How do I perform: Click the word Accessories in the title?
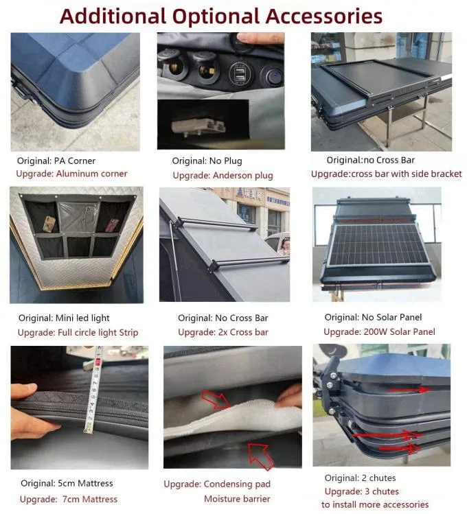click(323, 16)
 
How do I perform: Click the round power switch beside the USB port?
click(271, 77)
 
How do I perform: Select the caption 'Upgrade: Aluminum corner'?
click(71, 174)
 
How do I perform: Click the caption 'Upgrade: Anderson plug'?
click(223, 176)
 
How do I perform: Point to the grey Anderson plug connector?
click(198, 127)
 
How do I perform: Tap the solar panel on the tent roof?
click(378, 244)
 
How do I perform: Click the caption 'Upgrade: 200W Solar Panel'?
click(379, 331)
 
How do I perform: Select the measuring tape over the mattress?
click(93, 390)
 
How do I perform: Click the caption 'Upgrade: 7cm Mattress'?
click(69, 499)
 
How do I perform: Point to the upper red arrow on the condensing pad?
click(216, 399)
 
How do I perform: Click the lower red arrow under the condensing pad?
click(260, 456)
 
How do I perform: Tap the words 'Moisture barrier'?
click(237, 499)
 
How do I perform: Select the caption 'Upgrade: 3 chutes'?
click(362, 491)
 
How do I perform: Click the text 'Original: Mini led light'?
click(64, 318)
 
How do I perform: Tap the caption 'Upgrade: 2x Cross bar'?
click(223, 332)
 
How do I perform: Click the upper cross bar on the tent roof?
click(216, 223)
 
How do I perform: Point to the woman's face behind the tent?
click(285, 244)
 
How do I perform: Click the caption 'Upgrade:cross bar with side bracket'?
click(387, 174)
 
